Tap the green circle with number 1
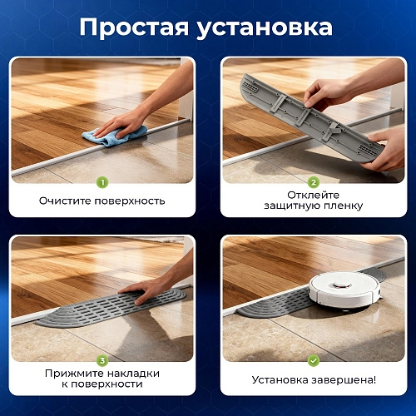102,182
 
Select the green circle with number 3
102,360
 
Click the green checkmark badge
314,360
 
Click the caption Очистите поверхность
102,201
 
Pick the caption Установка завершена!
314,379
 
